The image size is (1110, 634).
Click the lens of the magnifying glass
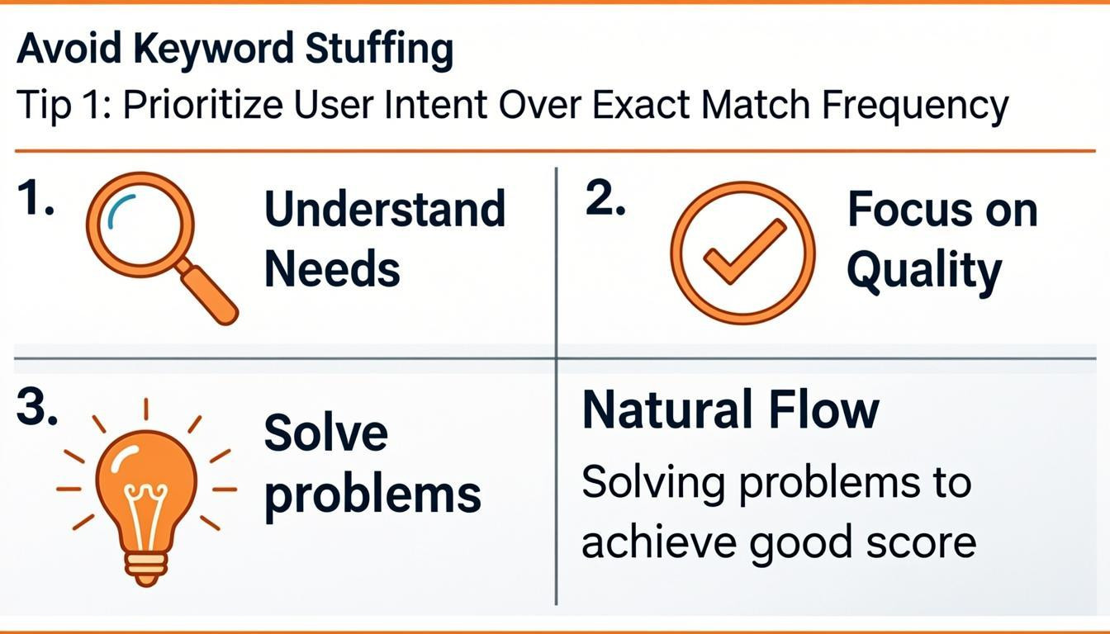140,222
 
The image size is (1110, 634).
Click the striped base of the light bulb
145,565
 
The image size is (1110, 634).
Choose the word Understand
385,209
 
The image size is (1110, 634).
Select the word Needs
332,269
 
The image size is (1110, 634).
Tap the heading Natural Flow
731,410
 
